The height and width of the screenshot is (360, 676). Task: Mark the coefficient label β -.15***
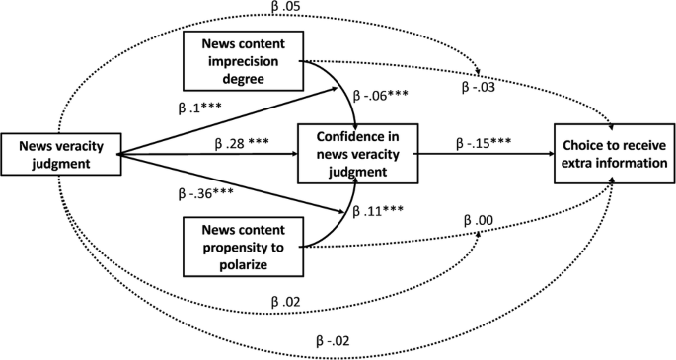[x=484, y=144]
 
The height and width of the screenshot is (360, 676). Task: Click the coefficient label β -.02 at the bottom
[x=333, y=341]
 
